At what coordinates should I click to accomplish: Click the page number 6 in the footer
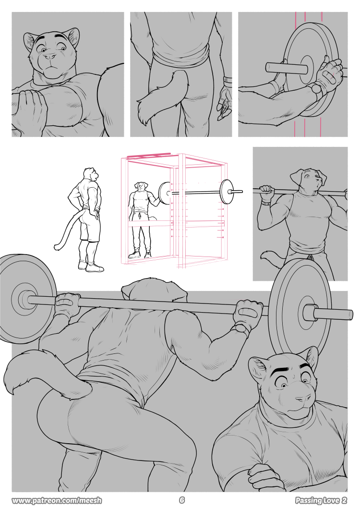181,500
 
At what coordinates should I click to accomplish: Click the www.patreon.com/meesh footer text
57,500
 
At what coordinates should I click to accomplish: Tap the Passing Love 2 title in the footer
321,500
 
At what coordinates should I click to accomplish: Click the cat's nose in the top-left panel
49,57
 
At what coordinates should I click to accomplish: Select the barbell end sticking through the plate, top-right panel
287,68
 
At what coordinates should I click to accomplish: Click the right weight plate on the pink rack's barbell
226,192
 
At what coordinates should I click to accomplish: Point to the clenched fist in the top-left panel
30,107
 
